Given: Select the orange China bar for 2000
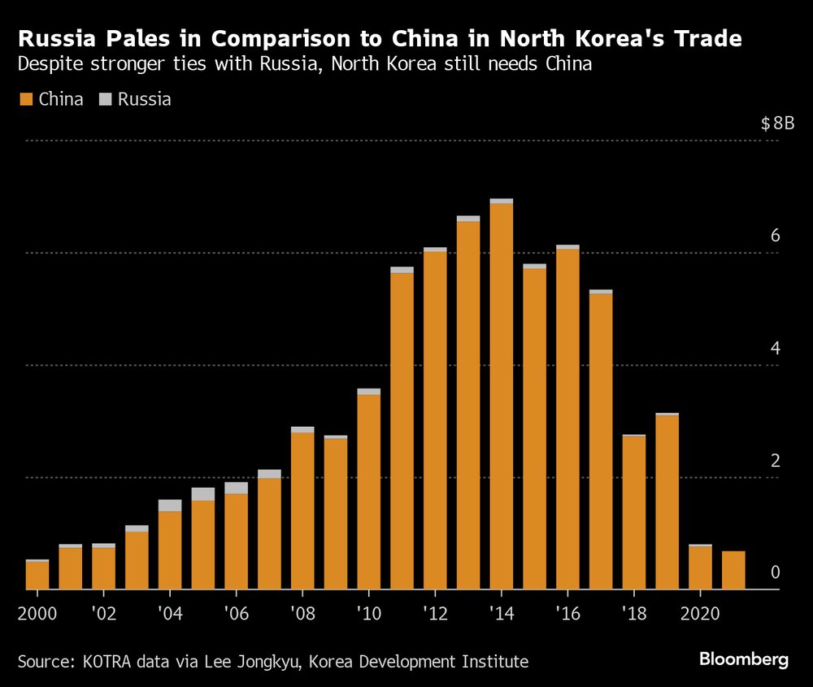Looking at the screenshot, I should click(37, 576).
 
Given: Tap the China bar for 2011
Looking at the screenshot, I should click(402, 431).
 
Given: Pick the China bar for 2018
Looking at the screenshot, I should click(634, 513).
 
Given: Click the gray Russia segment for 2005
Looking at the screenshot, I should click(203, 494).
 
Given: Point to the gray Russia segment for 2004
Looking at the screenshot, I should click(170, 505).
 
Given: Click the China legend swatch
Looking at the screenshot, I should click(25, 99).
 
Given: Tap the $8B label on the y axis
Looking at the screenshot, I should click(776, 124).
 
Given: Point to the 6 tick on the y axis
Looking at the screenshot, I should click(775, 236).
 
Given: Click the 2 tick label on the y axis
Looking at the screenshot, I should click(775, 461).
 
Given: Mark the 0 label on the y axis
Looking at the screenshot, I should click(775, 573).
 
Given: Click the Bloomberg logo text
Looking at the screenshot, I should click(745, 659).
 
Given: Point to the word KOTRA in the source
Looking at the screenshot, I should click(110, 662).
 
